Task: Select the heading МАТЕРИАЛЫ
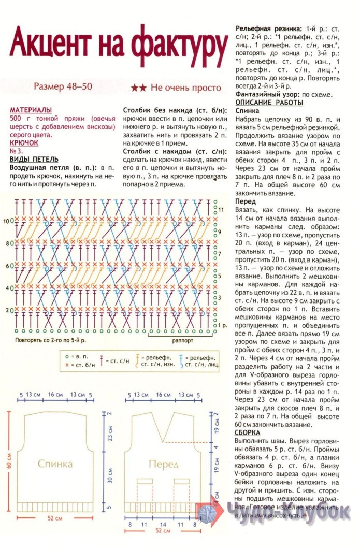pos(31,110)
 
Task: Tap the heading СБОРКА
pos(247,432)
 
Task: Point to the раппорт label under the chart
pos(182,341)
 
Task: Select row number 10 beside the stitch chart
pos(6,221)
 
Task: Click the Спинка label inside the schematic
pos(54,464)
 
